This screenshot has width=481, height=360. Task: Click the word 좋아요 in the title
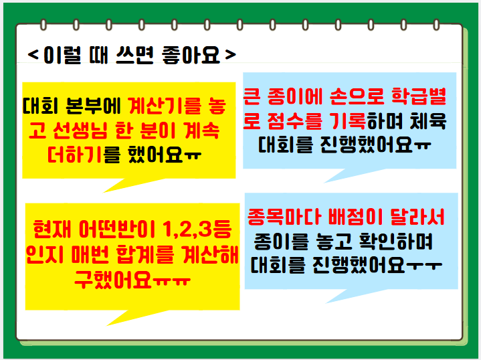coord(191,56)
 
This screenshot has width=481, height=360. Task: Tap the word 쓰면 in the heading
coord(134,56)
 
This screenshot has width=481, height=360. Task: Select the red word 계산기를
coord(165,106)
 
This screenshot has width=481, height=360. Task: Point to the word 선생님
coord(80,130)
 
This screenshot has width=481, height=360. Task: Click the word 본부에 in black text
coord(93,106)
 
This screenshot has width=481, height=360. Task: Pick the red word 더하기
coord(74,155)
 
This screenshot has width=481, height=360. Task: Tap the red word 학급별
coord(419,96)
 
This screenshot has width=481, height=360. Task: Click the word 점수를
coord(295,120)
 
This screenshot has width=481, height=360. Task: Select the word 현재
coord(52,230)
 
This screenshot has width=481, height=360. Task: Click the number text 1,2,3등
coord(197,230)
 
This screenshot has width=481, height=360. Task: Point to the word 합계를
coord(145,254)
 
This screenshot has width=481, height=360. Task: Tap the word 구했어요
coord(113,279)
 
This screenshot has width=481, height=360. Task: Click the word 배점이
coord(355,217)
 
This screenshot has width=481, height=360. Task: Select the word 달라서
coord(417,217)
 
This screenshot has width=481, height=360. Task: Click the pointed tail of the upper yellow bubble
coord(104,192)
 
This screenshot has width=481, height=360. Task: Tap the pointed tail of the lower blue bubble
coord(326,303)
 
